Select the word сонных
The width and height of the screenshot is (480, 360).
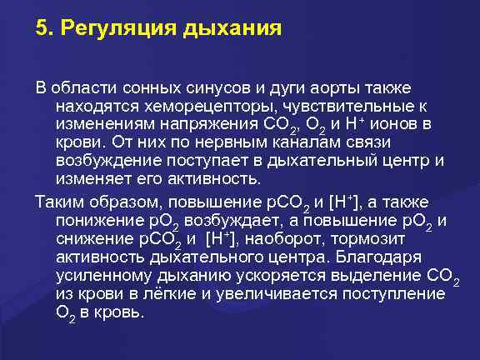[x=138, y=87]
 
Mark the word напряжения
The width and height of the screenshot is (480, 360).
[x=196, y=124]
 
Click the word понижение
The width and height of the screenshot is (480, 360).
[x=92, y=219]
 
